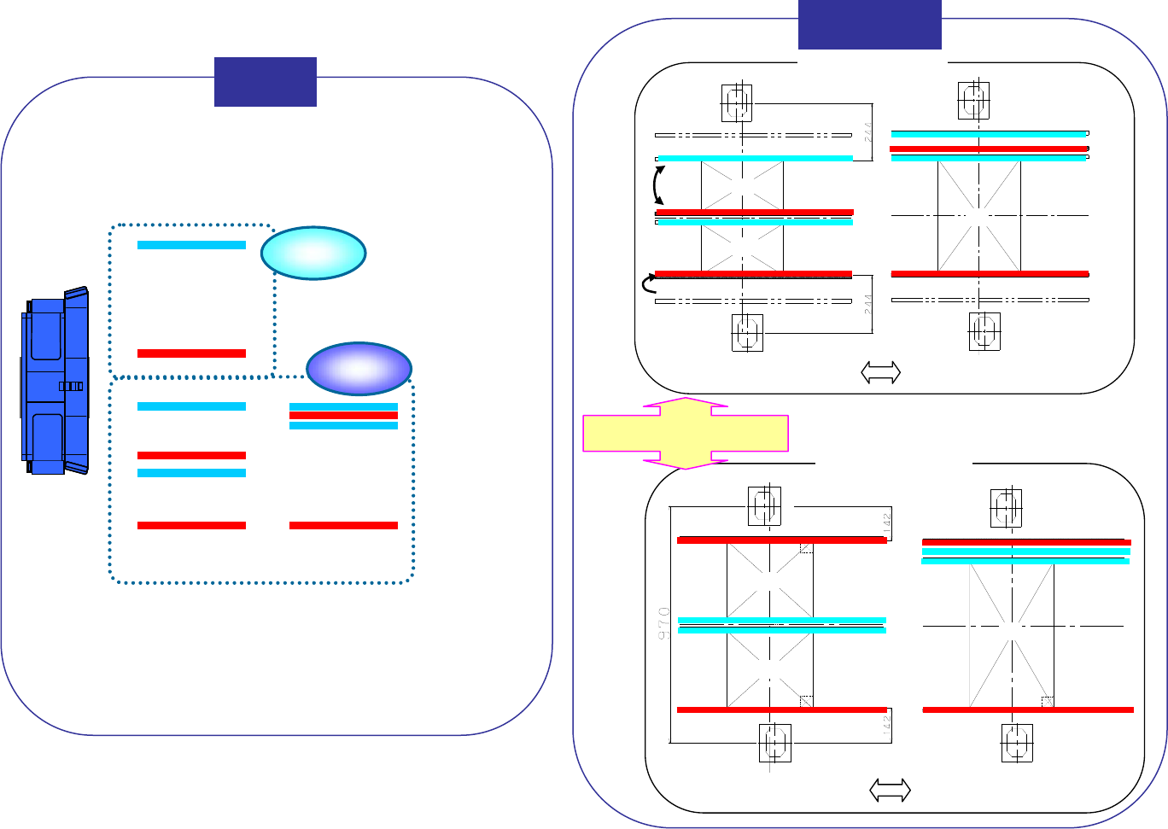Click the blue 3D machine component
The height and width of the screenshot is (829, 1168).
55,382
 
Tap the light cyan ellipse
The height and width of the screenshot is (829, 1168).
313,254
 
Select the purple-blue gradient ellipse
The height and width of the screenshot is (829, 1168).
359,369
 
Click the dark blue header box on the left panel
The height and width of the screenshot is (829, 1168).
266,82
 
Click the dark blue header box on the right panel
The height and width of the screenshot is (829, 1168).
869,24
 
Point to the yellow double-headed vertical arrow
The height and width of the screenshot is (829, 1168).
685,433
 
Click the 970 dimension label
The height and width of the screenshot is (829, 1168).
664,624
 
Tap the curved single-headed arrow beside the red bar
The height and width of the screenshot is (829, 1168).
648,285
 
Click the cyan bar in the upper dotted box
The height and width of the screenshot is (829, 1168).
191,245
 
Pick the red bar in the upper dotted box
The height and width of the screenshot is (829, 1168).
191,353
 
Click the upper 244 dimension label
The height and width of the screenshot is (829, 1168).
867,131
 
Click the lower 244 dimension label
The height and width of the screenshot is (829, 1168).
867,304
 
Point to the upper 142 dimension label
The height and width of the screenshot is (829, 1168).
887,522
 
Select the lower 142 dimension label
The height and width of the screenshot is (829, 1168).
887,726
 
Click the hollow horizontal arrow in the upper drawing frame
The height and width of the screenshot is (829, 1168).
880,372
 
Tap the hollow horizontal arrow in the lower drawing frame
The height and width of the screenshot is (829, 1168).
890,791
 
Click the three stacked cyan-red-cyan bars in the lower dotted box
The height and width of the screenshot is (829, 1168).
343,416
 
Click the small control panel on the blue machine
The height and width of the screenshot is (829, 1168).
71,386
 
